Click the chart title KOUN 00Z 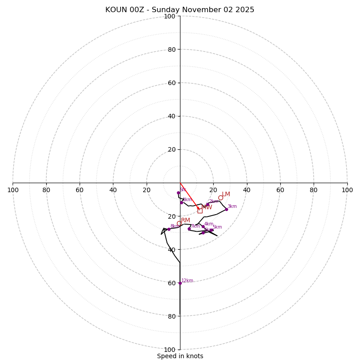click(x=180, y=10)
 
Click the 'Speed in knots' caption click(x=180, y=356)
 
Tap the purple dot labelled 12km click(x=180, y=283)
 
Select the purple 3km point click(x=226, y=209)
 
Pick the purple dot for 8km click(x=169, y=229)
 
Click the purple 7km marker click(x=189, y=229)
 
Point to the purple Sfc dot click(x=178, y=193)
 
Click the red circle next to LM click(x=220, y=198)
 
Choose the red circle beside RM click(x=179, y=223)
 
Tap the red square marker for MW click(x=200, y=210)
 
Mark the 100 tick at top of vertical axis click(x=170, y=16)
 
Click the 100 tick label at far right click(x=347, y=190)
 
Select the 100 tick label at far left click(x=13, y=190)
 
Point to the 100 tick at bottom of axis click(x=170, y=350)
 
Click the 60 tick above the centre click(x=171, y=83)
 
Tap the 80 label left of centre click(x=46, y=190)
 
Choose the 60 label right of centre click(x=280, y=190)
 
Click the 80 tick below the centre click(x=171, y=316)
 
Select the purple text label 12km click(x=187, y=281)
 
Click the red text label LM click(x=226, y=194)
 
